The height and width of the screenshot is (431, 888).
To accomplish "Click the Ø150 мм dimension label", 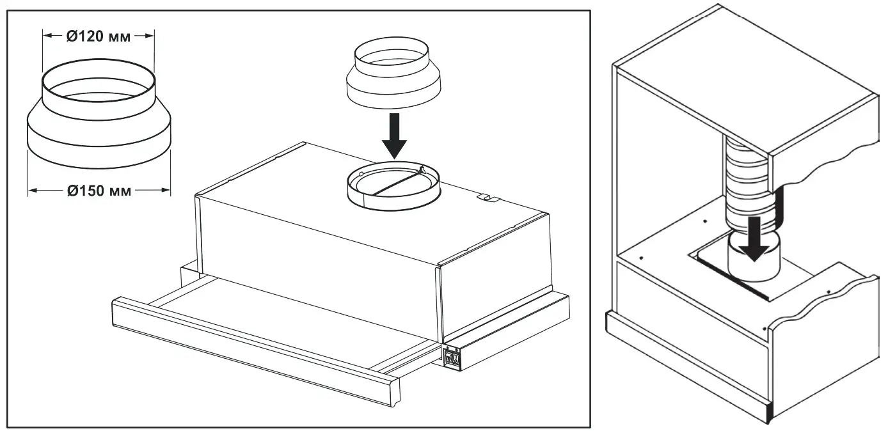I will (x=99, y=190).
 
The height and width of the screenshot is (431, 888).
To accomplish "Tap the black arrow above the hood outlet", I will (x=395, y=135).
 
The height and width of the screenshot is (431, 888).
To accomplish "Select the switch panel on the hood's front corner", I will (x=452, y=357).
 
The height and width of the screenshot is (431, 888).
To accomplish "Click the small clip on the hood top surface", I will (x=488, y=198).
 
